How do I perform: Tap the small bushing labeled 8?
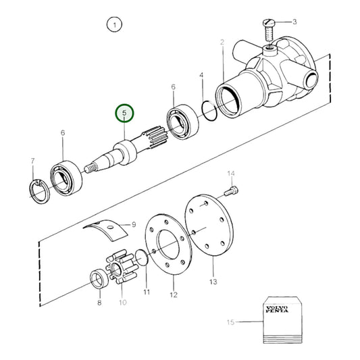pyautogui.click(x=98, y=277)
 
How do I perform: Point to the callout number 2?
pyautogui.click(x=222, y=44)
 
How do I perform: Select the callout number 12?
pyautogui.click(x=173, y=295)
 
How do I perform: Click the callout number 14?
pyautogui.click(x=230, y=173)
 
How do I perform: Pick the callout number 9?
pyautogui.click(x=134, y=225)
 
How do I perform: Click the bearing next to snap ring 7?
pyautogui.click(x=68, y=176)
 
